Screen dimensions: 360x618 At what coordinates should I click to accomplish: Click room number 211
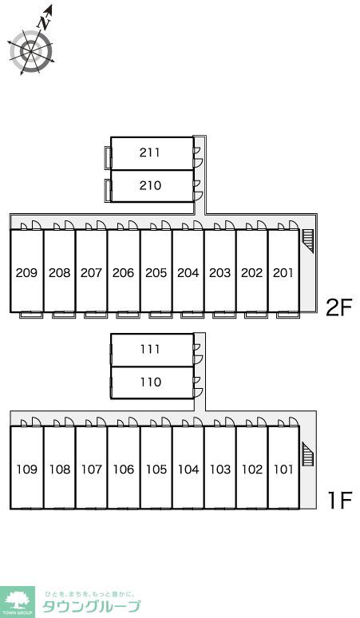tap(150, 153)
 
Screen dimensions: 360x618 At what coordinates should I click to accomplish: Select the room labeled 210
tap(150, 185)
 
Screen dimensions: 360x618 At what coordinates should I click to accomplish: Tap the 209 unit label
tap(26, 273)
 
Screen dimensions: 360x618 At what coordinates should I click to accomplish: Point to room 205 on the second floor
tap(156, 273)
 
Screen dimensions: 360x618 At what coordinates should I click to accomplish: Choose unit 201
tap(283, 273)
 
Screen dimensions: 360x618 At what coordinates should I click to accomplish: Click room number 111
tap(150, 349)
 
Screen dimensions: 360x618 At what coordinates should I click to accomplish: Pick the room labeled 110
tap(151, 382)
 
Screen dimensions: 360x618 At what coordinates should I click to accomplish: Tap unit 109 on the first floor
tap(27, 469)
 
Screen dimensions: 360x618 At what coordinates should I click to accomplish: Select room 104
tap(188, 469)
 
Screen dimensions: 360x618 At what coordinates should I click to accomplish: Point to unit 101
tap(283, 469)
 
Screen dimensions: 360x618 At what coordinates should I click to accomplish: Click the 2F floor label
tap(338, 307)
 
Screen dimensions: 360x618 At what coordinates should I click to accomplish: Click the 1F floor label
tap(340, 501)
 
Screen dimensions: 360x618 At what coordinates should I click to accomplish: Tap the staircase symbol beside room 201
tap(307, 240)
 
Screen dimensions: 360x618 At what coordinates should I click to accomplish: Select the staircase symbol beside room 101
tap(307, 454)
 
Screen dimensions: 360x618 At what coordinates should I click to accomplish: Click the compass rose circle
tap(31, 51)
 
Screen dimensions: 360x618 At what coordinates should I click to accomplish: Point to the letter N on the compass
tap(44, 23)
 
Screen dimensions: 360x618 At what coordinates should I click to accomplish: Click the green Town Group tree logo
tap(18, 602)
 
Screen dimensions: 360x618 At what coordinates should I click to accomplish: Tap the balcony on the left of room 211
tap(108, 157)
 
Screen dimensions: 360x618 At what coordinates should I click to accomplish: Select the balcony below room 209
tap(31, 315)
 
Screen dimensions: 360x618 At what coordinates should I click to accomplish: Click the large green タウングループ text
tap(91, 607)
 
